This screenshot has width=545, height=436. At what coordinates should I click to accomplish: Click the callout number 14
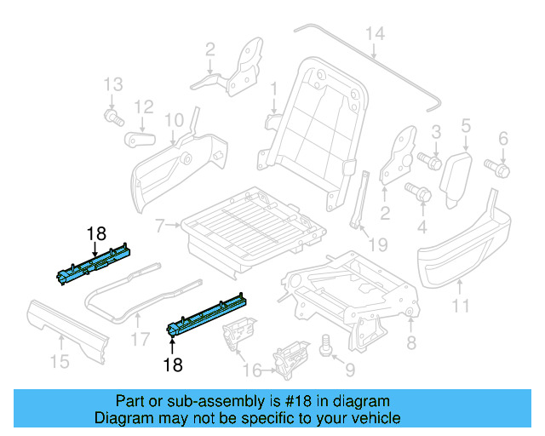point(376,33)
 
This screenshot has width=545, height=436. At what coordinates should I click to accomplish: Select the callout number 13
point(114,84)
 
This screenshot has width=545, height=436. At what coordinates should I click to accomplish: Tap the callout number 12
point(143,107)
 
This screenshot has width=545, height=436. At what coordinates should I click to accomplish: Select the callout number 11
point(460,304)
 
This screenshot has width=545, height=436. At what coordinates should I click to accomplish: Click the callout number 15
point(59,362)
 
